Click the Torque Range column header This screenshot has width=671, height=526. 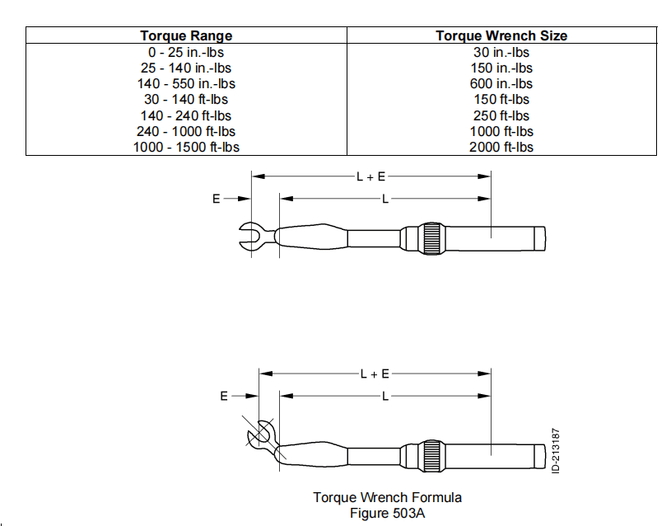[x=186, y=35]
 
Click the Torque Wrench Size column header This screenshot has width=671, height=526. [x=501, y=35]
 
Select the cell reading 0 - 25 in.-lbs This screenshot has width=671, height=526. [x=186, y=52]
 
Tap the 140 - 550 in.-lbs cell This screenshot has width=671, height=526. [x=186, y=83]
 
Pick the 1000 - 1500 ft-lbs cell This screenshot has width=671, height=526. [x=186, y=147]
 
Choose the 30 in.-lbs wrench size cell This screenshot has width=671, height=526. [x=501, y=52]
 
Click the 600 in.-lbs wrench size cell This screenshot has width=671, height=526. [x=501, y=83]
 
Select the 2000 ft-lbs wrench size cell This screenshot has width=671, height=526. [x=501, y=147]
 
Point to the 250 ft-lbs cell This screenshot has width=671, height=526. [x=501, y=115]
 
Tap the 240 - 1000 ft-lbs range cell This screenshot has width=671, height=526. [x=186, y=131]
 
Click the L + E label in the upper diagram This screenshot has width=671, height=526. [x=371, y=176]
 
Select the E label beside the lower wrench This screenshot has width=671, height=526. [x=223, y=397]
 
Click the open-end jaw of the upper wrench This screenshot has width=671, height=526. [x=250, y=237]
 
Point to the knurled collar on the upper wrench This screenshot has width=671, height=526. [x=432, y=237]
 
